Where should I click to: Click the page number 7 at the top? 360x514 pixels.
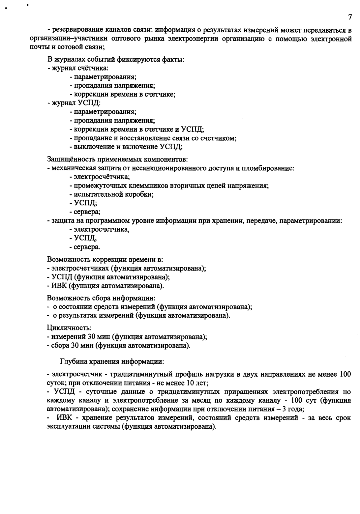coord(350,17)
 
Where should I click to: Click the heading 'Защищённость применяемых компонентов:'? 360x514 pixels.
coord(118,160)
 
